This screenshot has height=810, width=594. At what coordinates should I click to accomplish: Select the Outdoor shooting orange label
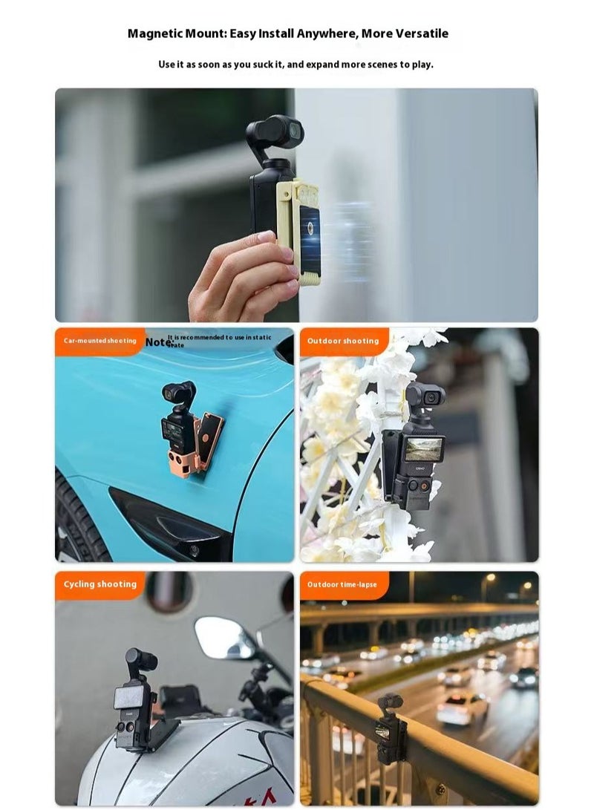343,341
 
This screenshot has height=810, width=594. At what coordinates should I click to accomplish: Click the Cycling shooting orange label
99,584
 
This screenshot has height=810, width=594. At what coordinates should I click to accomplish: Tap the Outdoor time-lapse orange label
342,584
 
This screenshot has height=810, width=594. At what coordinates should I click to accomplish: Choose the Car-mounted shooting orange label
99,341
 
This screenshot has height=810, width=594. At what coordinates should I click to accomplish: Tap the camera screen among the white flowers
422,448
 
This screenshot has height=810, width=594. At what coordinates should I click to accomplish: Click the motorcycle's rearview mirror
224,637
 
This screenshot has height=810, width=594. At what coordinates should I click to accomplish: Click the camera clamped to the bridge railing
388,728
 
